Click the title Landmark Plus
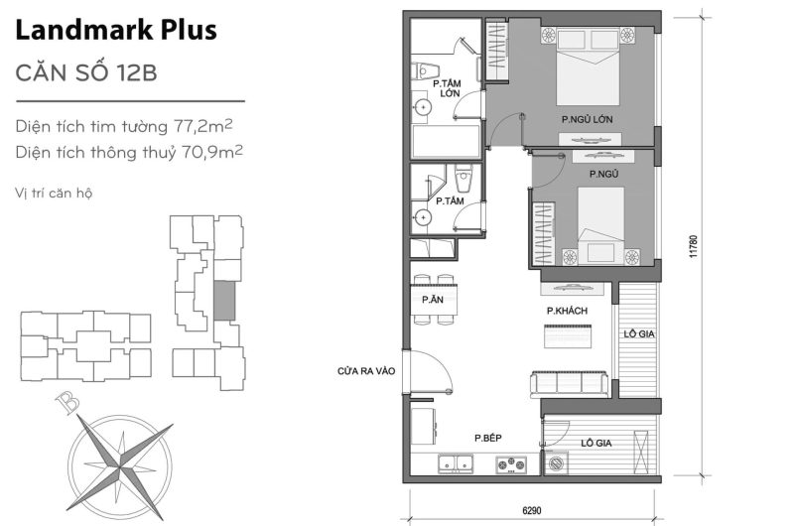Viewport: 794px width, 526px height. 116,32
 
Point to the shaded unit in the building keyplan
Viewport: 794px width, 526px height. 226,300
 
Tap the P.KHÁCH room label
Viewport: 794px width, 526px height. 567,312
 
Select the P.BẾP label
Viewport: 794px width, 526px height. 485,438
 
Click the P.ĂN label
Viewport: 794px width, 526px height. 431,300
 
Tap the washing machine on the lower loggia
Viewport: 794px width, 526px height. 556,462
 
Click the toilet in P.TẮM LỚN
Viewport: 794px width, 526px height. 424,71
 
